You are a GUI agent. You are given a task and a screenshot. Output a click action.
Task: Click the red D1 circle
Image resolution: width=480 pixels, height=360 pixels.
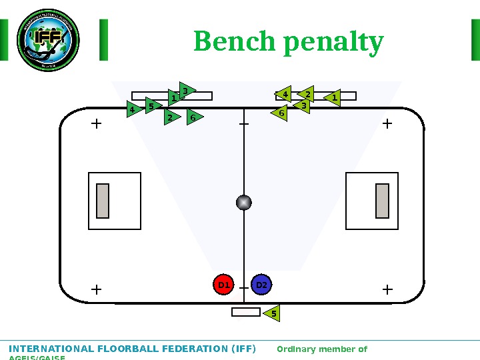point(223,285)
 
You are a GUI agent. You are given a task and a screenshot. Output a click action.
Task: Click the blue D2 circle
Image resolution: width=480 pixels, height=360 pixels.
point(261,285)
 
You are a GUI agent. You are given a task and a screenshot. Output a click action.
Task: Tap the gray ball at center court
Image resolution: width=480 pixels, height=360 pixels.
point(244,202)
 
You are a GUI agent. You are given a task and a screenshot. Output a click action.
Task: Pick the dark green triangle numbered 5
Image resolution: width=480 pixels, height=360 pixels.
point(153,105)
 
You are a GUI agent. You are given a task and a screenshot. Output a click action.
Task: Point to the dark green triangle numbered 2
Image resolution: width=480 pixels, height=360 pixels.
point(171,117)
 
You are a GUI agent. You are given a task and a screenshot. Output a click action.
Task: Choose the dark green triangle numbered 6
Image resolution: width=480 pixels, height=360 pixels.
point(194,117)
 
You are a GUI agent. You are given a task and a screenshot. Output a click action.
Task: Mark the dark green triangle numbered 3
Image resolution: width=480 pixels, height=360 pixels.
point(186,90)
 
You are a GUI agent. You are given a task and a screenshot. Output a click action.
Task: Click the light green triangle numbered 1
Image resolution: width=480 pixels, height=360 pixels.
point(333,98)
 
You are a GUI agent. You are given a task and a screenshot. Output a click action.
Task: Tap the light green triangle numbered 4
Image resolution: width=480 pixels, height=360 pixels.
point(285,95)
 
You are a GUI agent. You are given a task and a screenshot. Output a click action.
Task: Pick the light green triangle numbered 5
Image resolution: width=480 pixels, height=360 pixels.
point(271,313)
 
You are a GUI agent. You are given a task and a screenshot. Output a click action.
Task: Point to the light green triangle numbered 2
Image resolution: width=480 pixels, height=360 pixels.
point(307,95)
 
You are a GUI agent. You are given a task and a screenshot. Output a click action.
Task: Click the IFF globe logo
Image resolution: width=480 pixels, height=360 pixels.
point(47,39)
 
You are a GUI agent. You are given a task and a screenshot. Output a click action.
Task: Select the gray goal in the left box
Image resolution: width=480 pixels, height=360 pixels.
point(103,201)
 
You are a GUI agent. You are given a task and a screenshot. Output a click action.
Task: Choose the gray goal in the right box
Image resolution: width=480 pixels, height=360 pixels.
point(382,201)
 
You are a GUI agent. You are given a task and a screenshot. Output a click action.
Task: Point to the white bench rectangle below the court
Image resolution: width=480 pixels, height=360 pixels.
point(245,312)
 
